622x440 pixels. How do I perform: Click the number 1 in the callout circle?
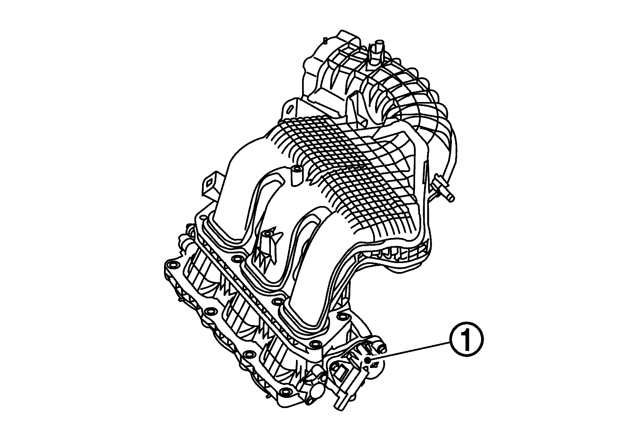[466, 340]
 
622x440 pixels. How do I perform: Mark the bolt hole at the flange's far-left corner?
[173, 266]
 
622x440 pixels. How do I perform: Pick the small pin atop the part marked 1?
[380, 347]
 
